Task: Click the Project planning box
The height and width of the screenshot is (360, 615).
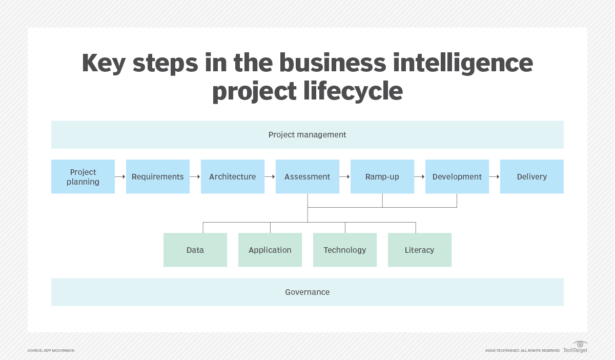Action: coord(83,176)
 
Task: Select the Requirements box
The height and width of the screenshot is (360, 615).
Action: coord(158,176)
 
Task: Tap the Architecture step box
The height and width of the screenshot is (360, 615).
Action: coord(233,176)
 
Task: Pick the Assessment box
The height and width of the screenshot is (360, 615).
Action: coord(307,176)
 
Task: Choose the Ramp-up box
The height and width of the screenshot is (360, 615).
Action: coord(382,176)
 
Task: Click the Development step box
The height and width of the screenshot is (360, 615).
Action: coord(457,176)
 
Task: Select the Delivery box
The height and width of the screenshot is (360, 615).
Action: coord(532,176)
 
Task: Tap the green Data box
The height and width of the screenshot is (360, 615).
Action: coord(195,250)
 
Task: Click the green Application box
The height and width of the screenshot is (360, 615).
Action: coord(270,250)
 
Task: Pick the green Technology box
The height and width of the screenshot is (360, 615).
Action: coord(345,250)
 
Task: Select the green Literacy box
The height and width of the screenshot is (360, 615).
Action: coord(420,250)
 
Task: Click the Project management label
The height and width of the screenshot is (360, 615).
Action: coord(307,135)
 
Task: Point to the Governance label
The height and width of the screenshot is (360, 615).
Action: coord(307,292)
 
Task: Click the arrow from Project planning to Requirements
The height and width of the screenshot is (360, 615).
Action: coord(120,176)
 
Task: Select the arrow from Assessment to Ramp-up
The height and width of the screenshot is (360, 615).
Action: coord(345,176)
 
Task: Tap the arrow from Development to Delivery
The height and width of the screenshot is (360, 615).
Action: coord(495,176)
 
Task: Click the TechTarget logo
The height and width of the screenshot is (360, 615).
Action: coord(576,347)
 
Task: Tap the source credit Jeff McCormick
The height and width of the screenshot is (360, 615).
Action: coord(51,350)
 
